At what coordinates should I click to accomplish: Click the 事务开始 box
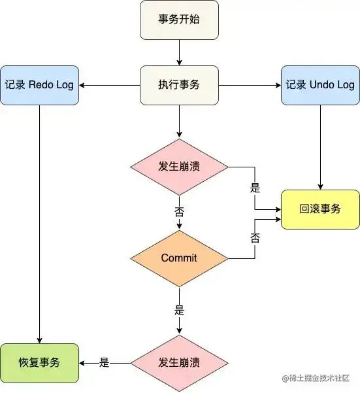[x=179, y=20]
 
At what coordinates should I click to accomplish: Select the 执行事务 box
[x=179, y=85]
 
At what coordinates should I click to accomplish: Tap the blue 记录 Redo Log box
[x=39, y=85]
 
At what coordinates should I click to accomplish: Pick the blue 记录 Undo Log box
[x=320, y=85]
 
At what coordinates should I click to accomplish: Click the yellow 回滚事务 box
[x=320, y=209]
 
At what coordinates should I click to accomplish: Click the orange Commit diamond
[x=179, y=258]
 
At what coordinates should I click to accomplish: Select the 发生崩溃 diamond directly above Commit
[x=179, y=166]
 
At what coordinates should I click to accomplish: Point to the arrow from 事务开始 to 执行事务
[x=179, y=52]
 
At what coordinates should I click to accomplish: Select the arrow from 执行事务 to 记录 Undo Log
[x=248, y=85]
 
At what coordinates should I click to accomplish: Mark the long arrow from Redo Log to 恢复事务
[x=39, y=222]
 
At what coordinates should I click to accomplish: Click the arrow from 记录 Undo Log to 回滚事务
[x=320, y=147]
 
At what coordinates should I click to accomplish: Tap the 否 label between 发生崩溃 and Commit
[x=178, y=212]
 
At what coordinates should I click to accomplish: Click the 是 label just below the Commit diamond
[x=178, y=308]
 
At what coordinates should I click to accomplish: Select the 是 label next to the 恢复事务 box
[x=104, y=363]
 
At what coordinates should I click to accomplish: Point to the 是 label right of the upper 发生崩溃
[x=255, y=188]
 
